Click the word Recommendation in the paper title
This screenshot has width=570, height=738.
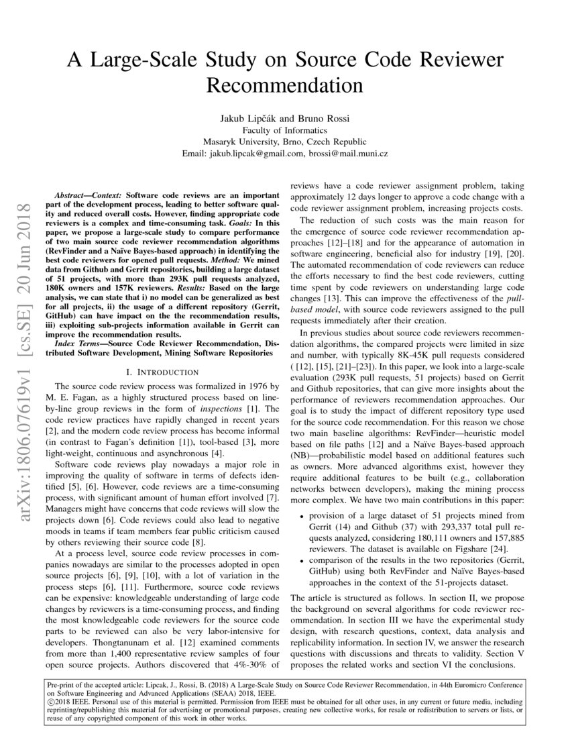coord(284,87)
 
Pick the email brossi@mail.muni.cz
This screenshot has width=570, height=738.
coord(349,154)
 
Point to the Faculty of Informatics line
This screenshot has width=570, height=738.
coord(284,130)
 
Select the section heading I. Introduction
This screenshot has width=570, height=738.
coord(158,371)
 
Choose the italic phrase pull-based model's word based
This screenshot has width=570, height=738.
coord(304,309)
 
